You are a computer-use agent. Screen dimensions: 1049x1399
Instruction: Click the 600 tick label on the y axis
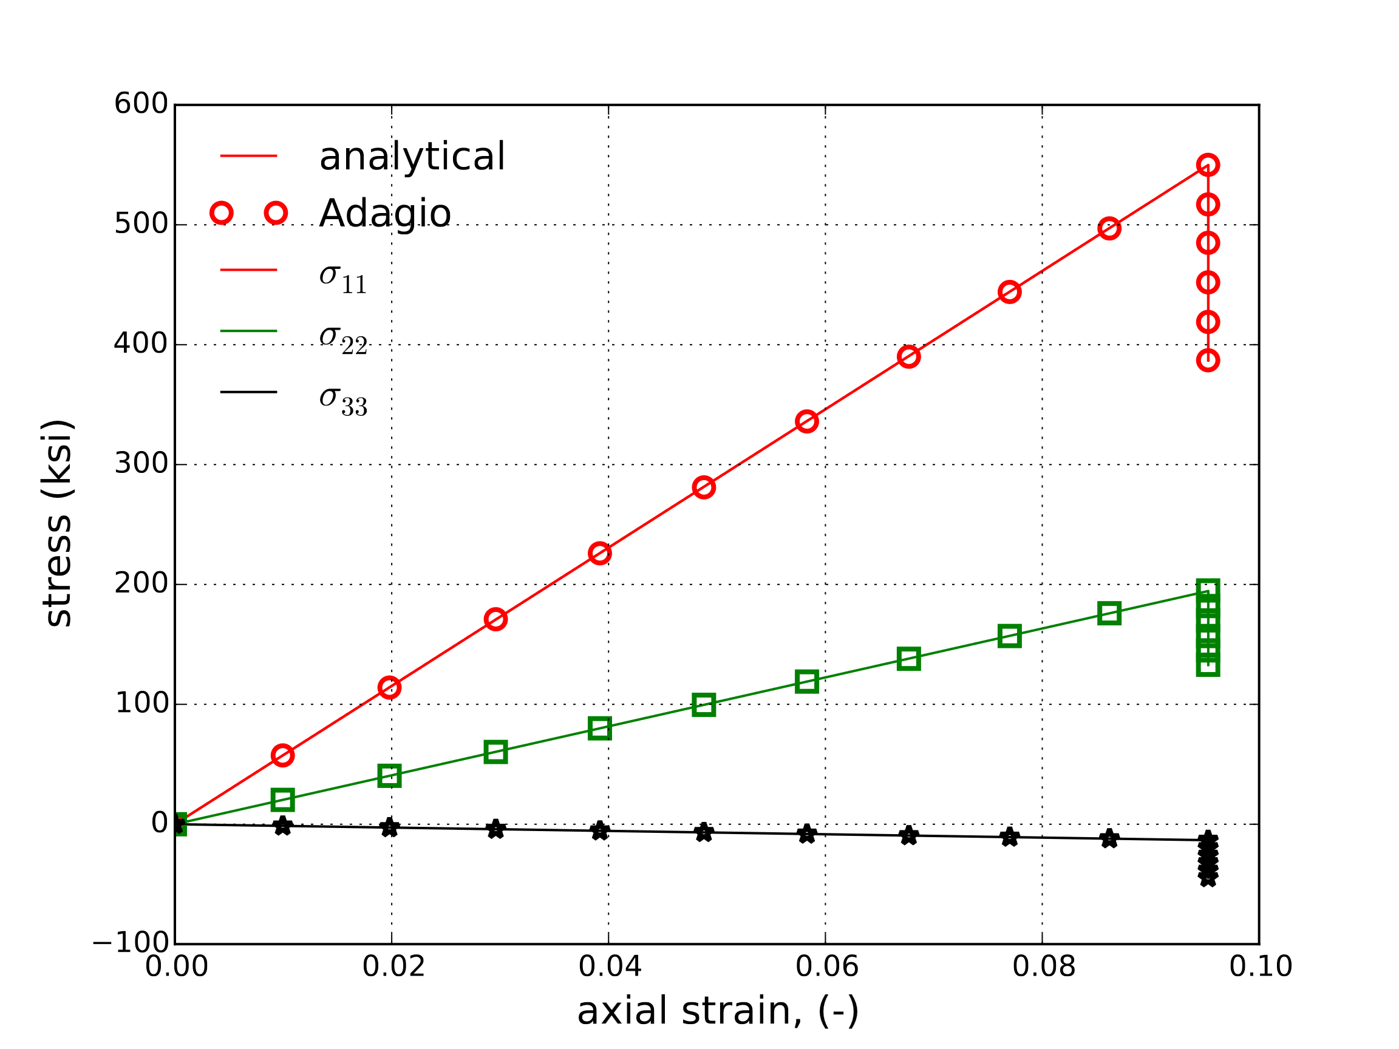(140, 104)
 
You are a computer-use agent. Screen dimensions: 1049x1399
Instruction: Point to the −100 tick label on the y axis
(131, 943)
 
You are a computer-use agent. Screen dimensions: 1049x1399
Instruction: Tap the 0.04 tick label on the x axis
(610, 967)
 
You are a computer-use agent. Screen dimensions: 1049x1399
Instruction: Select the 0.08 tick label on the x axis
(1044, 967)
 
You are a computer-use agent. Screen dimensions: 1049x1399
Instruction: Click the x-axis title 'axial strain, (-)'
(718, 1011)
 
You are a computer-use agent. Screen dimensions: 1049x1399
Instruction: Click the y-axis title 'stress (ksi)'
(58, 523)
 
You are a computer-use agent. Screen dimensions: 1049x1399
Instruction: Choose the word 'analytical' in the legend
(412, 156)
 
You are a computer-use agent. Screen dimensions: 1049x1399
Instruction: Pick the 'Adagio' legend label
(384, 213)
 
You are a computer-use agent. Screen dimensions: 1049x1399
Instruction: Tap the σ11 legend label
(343, 277)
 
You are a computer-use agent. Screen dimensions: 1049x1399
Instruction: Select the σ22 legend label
(343, 339)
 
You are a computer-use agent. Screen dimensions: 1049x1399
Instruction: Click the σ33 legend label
(343, 400)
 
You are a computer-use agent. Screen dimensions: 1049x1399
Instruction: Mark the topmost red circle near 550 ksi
(1207, 165)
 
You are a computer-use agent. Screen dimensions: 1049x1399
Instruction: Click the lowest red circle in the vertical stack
(1207, 361)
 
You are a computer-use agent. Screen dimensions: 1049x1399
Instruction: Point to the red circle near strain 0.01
(282, 756)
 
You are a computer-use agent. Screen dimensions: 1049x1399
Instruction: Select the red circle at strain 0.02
(389, 687)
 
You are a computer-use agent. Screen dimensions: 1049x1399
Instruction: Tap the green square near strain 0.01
(282, 800)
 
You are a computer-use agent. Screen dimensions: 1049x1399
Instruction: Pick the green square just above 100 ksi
(703, 705)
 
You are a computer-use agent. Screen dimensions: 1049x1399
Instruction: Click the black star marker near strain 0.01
(282, 826)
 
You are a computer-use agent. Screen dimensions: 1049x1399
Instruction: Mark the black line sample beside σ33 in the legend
(248, 392)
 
